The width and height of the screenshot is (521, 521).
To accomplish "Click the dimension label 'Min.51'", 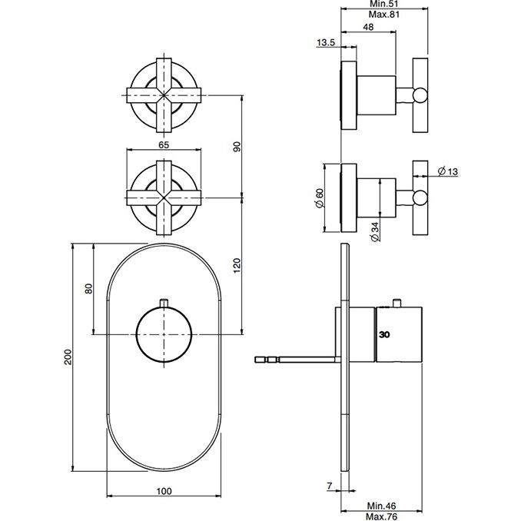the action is [383, 4].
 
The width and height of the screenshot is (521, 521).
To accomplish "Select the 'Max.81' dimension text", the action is [383, 15].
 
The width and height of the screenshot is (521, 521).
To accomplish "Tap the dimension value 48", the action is [368, 27].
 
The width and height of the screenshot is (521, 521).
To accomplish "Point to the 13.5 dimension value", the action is [326, 42].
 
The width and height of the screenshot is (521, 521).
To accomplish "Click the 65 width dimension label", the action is [164, 145].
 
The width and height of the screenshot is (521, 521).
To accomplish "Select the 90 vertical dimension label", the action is [237, 147].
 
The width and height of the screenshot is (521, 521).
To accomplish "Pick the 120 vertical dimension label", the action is [237, 265].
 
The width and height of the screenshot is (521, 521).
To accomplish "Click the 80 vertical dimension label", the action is [88, 288].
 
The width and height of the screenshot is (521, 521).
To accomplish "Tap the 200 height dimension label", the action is [68, 357].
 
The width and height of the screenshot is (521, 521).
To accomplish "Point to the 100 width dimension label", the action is [164, 491].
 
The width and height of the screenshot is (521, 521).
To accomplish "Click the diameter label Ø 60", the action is [320, 198].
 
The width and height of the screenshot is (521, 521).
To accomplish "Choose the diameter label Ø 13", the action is [448, 171].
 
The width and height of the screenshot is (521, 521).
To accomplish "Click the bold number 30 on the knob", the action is [384, 334].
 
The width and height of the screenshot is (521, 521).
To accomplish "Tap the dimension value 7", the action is [330, 486].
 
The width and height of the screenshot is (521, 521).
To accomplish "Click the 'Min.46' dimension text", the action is [381, 506].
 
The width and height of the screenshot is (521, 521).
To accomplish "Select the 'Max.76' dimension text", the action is [381, 516].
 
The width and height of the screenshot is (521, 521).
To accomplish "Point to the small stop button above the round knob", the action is [164, 303].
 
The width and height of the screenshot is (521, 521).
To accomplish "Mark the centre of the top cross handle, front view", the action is [164, 95].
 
